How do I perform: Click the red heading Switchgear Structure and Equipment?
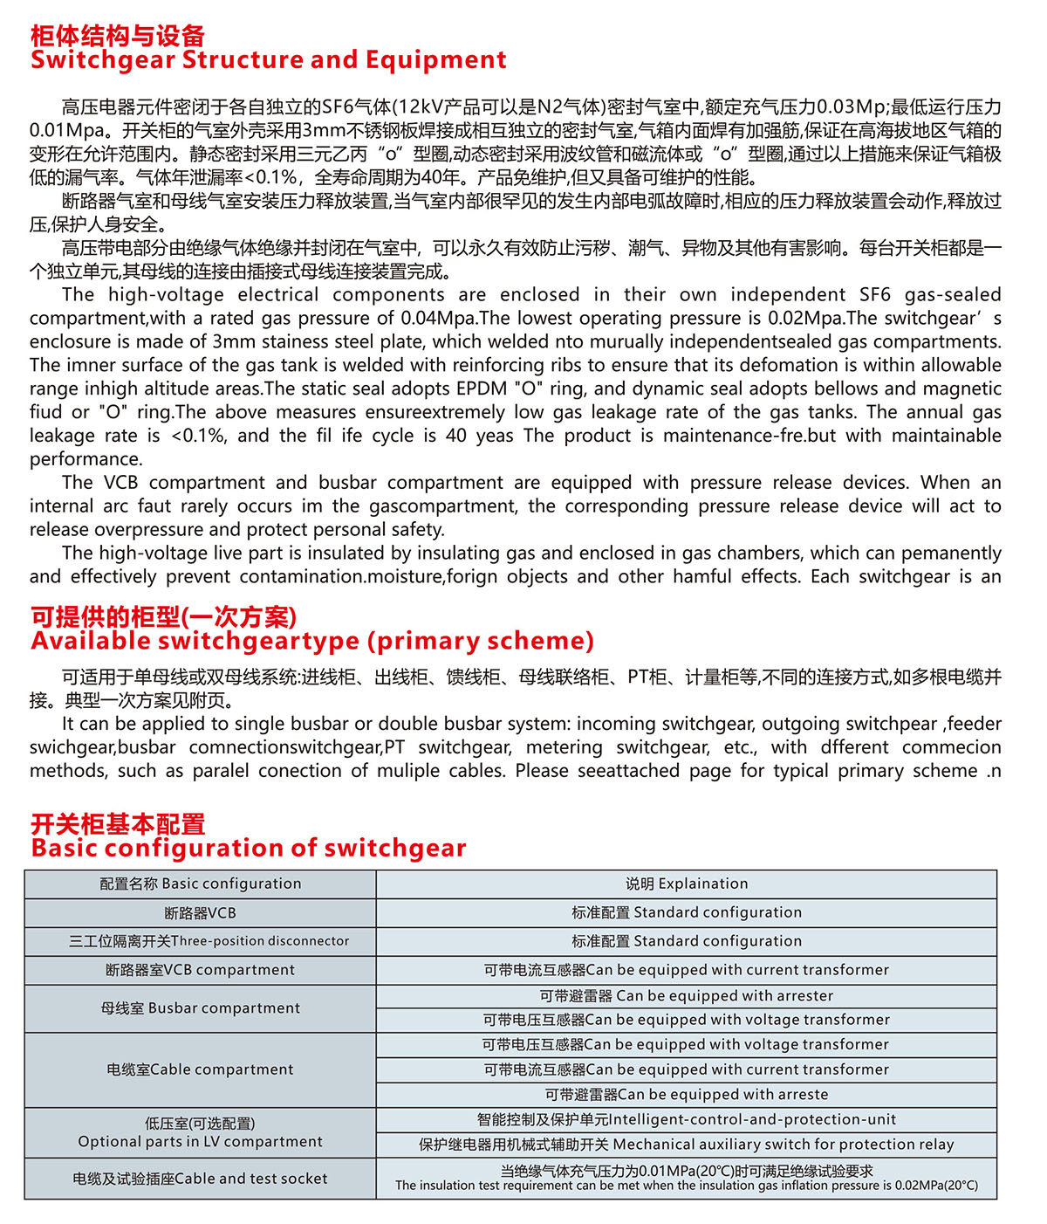[x=268, y=60]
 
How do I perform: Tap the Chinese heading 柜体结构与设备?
[x=118, y=36]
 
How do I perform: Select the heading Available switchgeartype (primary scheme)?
[x=312, y=642]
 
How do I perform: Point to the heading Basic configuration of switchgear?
[x=249, y=849]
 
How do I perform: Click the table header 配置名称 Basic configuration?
[x=201, y=884]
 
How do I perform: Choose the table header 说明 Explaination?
[x=687, y=884]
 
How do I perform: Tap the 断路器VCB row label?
[x=201, y=913]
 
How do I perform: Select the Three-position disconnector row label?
[x=209, y=941]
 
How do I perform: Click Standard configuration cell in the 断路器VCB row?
[x=687, y=913]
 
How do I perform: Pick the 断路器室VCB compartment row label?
[x=201, y=970]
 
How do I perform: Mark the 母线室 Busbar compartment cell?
[x=201, y=1008]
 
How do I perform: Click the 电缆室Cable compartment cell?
[x=201, y=1069]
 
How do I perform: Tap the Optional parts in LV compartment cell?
[x=201, y=1133]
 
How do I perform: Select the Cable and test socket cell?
[x=201, y=1179]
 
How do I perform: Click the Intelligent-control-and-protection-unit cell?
[x=687, y=1120]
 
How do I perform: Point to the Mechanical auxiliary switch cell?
[x=687, y=1145]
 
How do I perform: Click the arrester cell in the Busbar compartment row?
[x=687, y=996]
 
